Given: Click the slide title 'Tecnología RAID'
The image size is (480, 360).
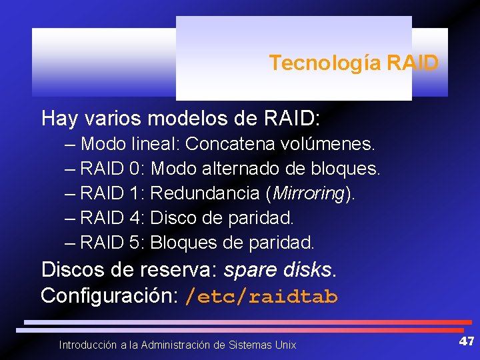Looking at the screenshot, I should [x=353, y=63].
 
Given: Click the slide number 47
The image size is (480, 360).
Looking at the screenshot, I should [x=466, y=341].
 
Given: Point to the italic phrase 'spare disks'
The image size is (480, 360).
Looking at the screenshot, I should [x=278, y=270].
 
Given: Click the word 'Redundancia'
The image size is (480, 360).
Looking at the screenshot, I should [x=206, y=193].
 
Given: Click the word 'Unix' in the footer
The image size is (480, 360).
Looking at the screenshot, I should [x=285, y=345].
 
